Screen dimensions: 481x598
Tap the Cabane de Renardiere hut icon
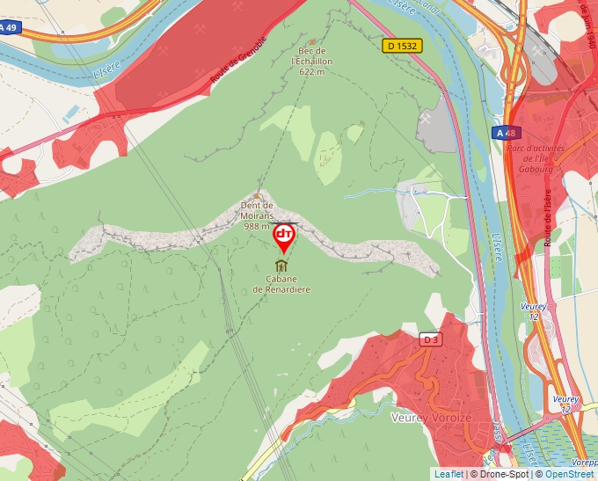(281, 266)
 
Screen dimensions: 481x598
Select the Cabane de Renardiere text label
(281, 284)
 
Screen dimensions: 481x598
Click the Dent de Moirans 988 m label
(258, 215)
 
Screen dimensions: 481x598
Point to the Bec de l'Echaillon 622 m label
(313, 62)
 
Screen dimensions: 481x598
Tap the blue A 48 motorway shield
(507, 133)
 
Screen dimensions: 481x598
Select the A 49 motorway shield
(8, 27)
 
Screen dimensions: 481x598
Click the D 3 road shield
(430, 339)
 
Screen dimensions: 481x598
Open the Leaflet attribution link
(448, 474)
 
